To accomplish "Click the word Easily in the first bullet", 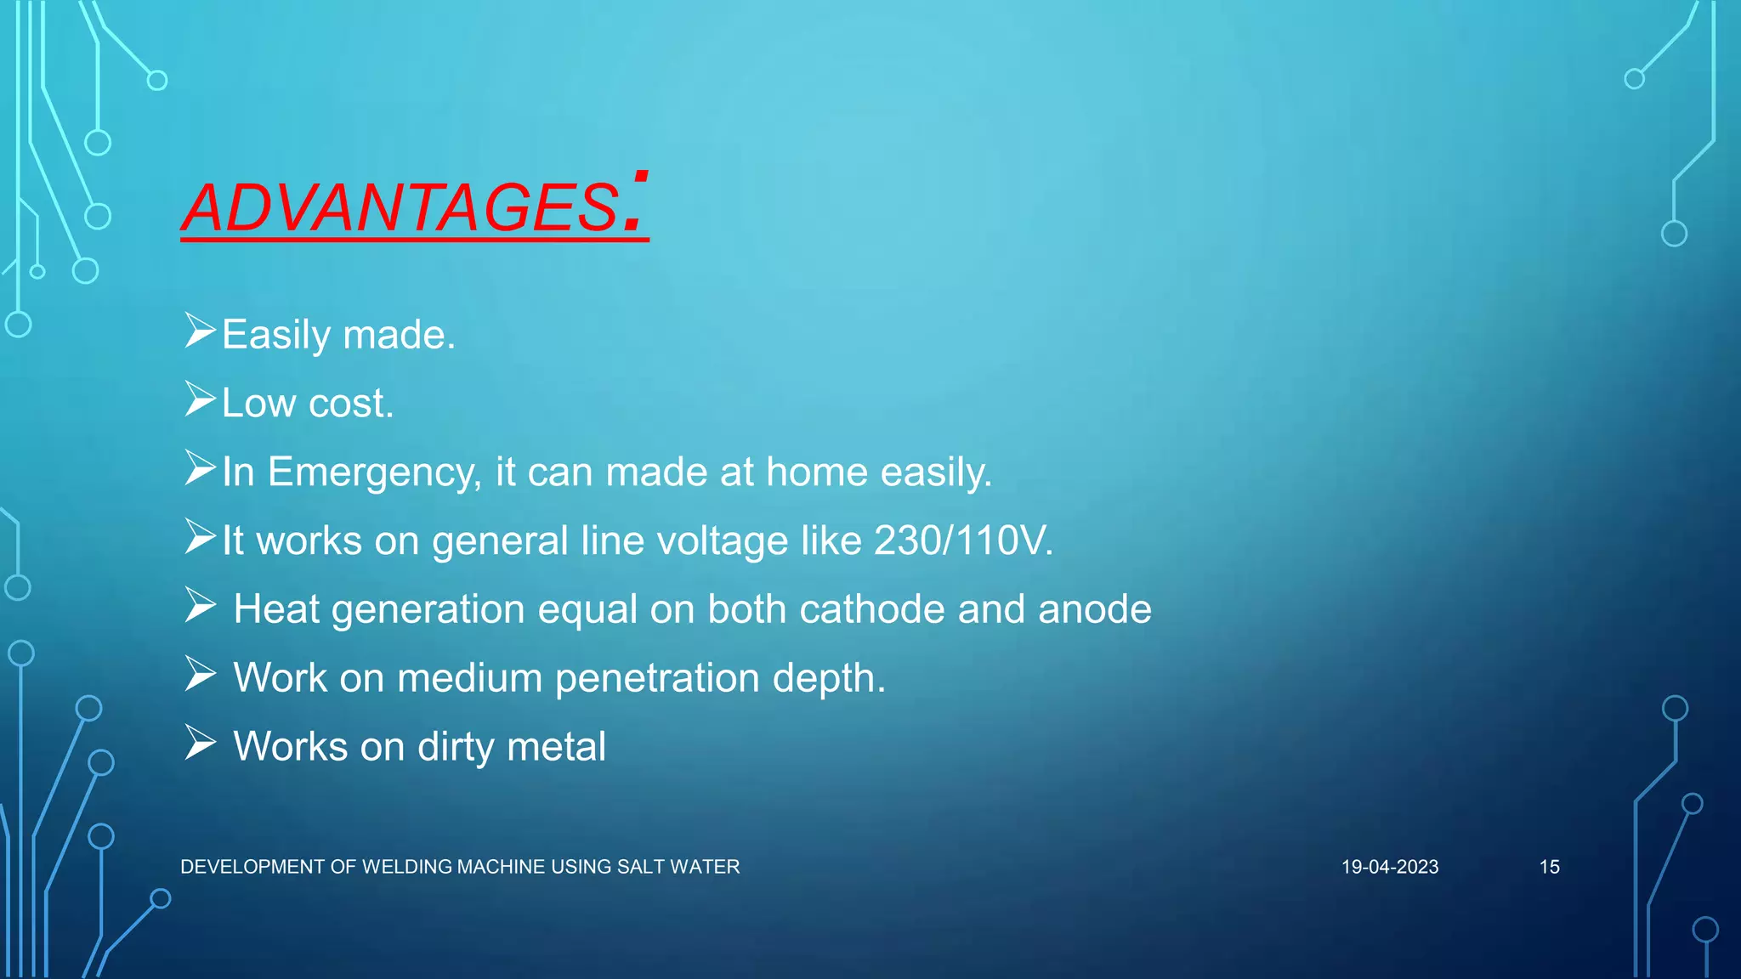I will pos(275,335).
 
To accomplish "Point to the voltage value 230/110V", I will pos(963,540).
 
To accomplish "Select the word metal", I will pos(556,747).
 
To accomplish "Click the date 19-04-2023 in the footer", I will pos(1390,867).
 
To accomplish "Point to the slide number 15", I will pos(1549,867).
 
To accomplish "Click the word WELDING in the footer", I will pos(407,867).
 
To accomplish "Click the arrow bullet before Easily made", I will pos(200,331).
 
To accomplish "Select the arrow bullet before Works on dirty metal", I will pos(200,743).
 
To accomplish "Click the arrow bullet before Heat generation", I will pos(200,605).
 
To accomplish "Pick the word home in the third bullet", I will pos(816,473).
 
